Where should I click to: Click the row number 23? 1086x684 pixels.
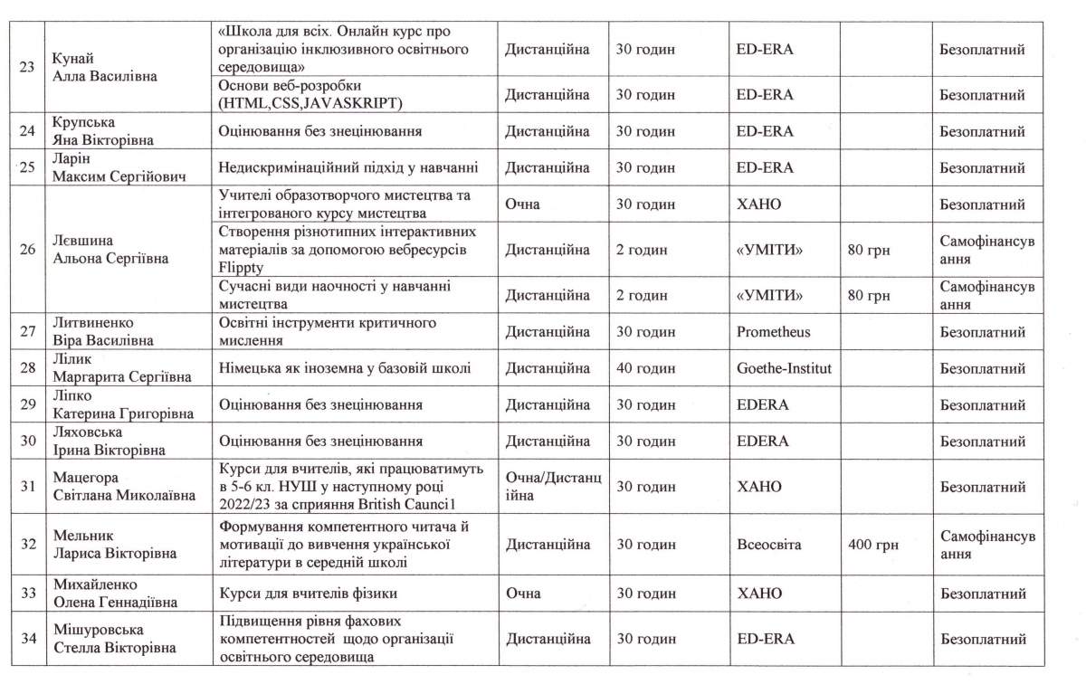[x=28, y=68]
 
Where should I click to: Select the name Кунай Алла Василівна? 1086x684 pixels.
[x=105, y=68]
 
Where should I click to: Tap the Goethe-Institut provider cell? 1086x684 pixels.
[x=784, y=368]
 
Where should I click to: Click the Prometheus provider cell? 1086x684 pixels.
[x=773, y=332]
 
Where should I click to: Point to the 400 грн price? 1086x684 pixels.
[x=870, y=546]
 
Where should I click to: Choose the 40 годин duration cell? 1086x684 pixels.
[x=645, y=368]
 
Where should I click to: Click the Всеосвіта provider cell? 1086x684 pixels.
[x=769, y=546]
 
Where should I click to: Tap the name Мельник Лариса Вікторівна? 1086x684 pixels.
[x=114, y=545]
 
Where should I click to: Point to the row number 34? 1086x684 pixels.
[x=28, y=639]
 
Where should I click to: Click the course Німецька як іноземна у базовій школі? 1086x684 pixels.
[x=344, y=368]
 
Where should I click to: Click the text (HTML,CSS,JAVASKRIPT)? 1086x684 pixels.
[x=310, y=103]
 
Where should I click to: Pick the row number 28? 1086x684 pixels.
[x=28, y=368]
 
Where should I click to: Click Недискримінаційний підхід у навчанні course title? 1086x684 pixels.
[x=348, y=167]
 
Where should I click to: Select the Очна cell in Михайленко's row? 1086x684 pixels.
[x=523, y=594]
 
